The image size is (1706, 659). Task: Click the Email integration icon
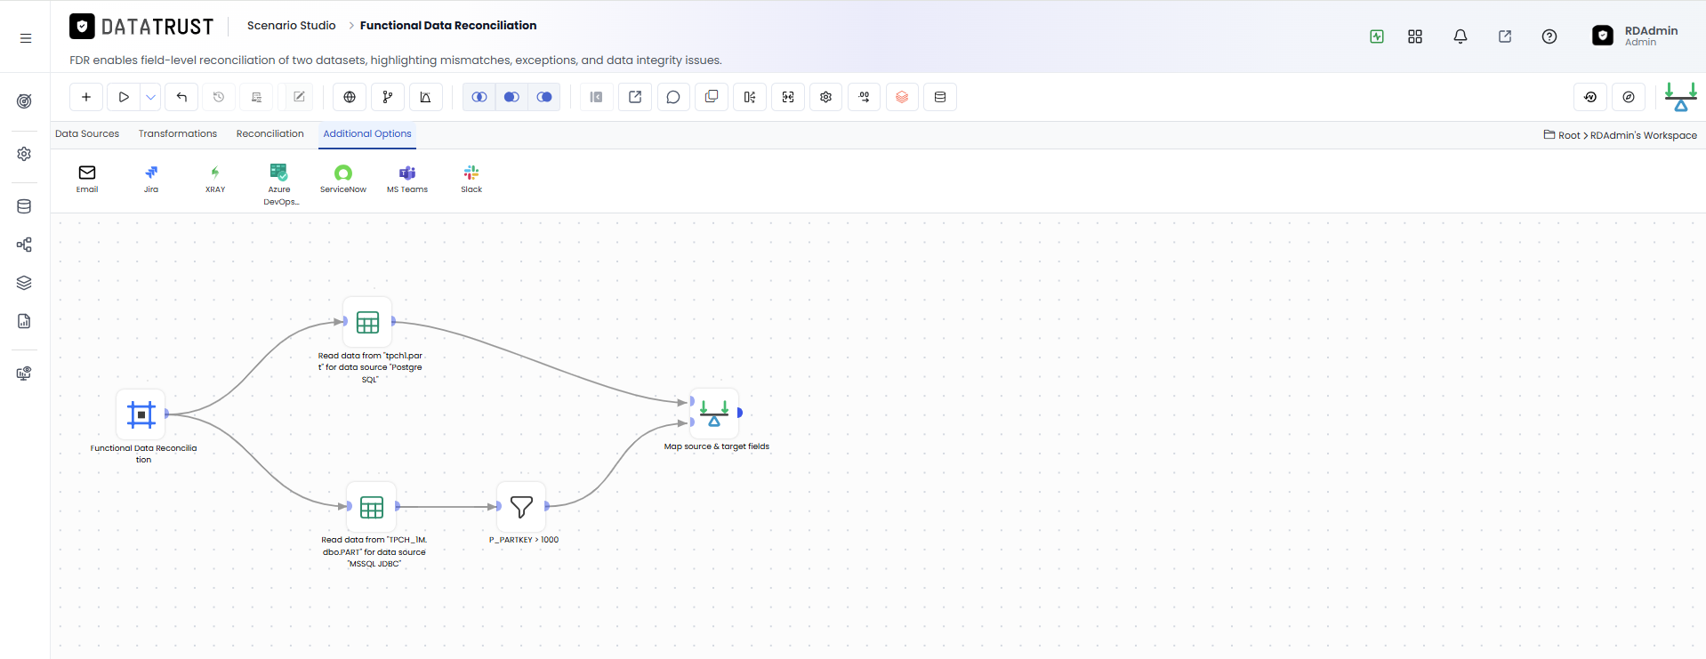point(87,173)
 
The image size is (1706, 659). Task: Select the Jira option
point(151,173)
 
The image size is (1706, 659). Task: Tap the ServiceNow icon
point(343,173)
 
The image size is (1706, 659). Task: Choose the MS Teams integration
point(407,173)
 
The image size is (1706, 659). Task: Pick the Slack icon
point(471,173)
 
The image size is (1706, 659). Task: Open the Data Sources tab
point(87,134)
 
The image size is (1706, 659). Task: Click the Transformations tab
point(178,134)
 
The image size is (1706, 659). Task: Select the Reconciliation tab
point(270,134)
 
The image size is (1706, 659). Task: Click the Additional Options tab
point(367,134)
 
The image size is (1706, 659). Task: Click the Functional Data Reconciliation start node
point(141,414)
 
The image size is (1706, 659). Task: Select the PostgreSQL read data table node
point(367,322)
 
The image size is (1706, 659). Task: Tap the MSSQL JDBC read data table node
point(372,507)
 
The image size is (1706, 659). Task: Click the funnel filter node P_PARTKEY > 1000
point(522,507)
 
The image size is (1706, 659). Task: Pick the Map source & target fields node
point(714,414)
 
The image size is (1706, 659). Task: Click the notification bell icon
point(1461,36)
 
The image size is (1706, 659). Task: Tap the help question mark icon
point(1549,36)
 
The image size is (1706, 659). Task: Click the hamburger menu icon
point(26,38)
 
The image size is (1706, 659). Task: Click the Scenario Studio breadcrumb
point(292,26)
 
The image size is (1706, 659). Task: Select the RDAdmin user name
point(1651,30)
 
